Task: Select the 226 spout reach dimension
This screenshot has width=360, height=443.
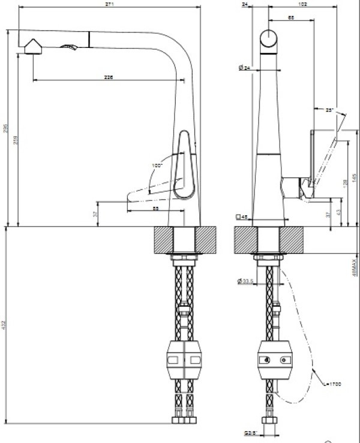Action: [x=109, y=77]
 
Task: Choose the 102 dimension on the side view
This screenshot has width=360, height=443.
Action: [x=303, y=4]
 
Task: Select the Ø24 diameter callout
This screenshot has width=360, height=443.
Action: [x=244, y=68]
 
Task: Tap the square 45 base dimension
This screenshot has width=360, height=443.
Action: [x=242, y=217]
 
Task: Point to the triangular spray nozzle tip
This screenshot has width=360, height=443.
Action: [x=32, y=46]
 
